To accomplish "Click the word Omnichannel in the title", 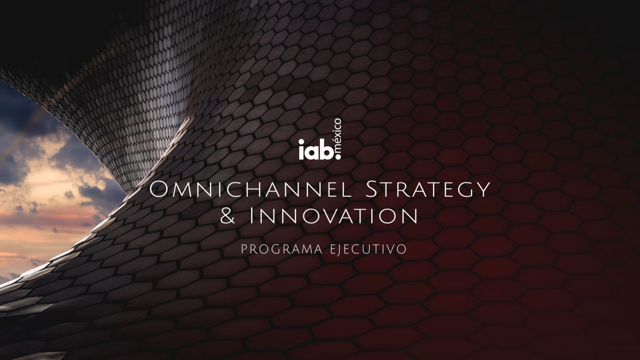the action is (250, 189).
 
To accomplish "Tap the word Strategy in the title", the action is (428, 189).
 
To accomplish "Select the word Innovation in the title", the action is (333, 216).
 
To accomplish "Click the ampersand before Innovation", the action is (228, 216).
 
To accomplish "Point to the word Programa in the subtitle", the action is (282, 249).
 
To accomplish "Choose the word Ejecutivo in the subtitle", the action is (369, 249).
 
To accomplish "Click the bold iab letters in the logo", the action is (316, 149).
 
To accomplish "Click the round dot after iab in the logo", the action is (338, 156).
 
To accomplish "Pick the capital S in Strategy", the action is (371, 189).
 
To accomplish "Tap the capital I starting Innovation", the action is (251, 216).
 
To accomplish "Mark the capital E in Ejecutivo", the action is (334, 249).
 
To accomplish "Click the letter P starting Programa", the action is (244, 249).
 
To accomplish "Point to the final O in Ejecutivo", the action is (402, 249).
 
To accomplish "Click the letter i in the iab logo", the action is (301, 149).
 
